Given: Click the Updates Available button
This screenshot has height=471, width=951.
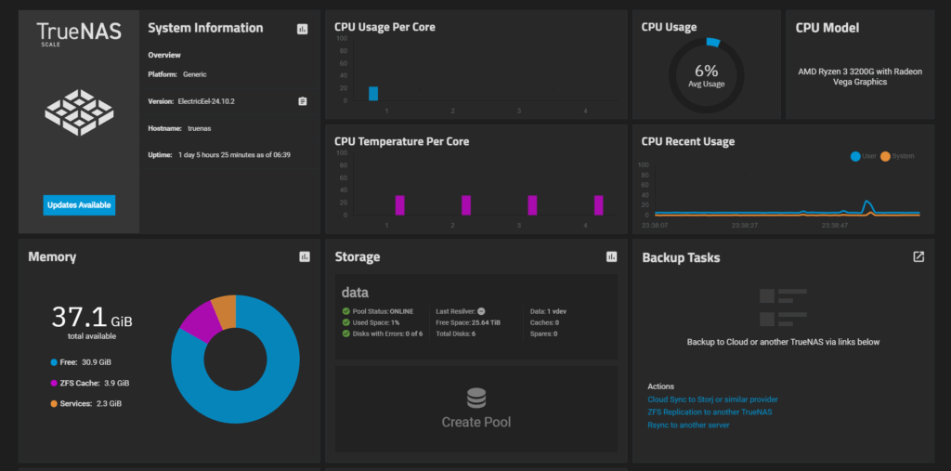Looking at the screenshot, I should click(79, 204).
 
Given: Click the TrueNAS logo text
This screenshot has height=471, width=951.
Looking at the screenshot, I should click(79, 33).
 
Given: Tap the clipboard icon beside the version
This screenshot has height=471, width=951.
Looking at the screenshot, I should click(303, 101).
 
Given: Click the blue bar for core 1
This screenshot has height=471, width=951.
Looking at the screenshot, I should click(373, 93).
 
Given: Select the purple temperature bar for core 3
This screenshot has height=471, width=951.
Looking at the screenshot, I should click(532, 205).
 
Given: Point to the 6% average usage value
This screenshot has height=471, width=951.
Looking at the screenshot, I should click(707, 71).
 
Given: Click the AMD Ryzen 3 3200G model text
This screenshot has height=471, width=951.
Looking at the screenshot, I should click(859, 76).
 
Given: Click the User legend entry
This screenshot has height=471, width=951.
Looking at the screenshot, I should click(863, 156).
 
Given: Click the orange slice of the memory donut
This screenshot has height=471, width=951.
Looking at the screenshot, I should click(224, 311).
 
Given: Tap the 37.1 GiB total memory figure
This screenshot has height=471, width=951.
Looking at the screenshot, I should click(91, 318).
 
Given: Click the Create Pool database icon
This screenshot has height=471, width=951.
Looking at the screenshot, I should click(476, 399).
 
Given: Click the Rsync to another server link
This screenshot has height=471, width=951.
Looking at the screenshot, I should click(688, 425).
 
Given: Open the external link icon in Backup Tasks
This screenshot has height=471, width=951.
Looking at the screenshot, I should click(918, 257).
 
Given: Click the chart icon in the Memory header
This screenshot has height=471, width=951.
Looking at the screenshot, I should click(305, 257).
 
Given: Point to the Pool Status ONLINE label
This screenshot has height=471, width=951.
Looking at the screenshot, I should click(384, 311).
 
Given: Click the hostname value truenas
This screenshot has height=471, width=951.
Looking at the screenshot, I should click(199, 128).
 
